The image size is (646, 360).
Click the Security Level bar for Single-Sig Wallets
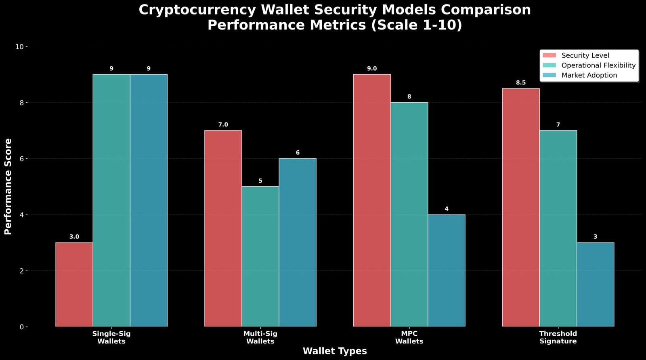point(74,284)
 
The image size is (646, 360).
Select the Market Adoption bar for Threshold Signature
point(595,284)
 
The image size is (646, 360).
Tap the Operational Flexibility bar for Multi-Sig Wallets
point(260,256)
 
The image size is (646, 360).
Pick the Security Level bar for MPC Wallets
point(372,200)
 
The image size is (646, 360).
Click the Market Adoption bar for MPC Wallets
point(446,270)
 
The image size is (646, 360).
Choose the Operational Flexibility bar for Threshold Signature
point(558,228)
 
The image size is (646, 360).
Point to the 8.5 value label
point(521,83)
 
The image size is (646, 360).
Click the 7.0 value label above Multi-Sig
point(223,125)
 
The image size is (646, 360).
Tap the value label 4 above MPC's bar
point(446,209)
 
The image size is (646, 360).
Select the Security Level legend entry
point(585,55)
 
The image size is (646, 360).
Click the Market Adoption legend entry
point(589,75)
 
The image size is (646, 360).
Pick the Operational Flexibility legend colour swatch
point(550,65)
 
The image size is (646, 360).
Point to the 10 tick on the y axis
point(19,47)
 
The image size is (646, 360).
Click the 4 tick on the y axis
point(21,215)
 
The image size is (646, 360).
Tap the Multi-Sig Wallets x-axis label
point(260,337)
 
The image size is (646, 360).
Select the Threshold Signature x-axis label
point(558,337)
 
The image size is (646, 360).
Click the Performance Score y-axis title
point(8,186)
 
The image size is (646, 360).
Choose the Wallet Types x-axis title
point(335,351)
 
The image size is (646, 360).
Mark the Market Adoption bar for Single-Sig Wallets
point(149,200)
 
